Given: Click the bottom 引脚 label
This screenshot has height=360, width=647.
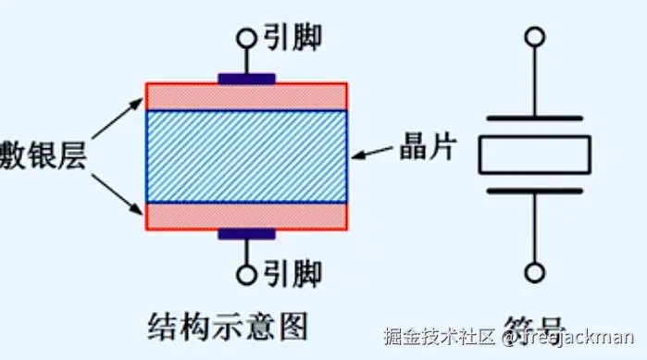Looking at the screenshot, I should click(290, 274).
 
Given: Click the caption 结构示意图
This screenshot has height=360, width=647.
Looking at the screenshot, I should click(227, 325).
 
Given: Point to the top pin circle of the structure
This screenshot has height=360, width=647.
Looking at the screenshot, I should click(246, 38).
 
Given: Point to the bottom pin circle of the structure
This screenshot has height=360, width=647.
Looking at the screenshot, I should click(246, 274).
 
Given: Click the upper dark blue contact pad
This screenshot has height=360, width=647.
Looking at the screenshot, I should click(246, 79).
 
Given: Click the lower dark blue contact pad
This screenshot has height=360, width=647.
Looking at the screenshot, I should click(246, 234).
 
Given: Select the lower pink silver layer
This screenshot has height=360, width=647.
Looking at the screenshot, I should click(246, 215).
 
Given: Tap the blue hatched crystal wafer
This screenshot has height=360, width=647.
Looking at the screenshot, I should click(246, 155).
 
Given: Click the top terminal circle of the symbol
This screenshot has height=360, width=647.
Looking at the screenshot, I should click(534, 38).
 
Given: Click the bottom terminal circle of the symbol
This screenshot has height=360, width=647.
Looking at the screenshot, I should click(534, 272).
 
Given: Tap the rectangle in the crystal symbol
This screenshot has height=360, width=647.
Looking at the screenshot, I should click(534, 155).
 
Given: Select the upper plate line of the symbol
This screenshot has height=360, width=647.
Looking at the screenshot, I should click(534, 118).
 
